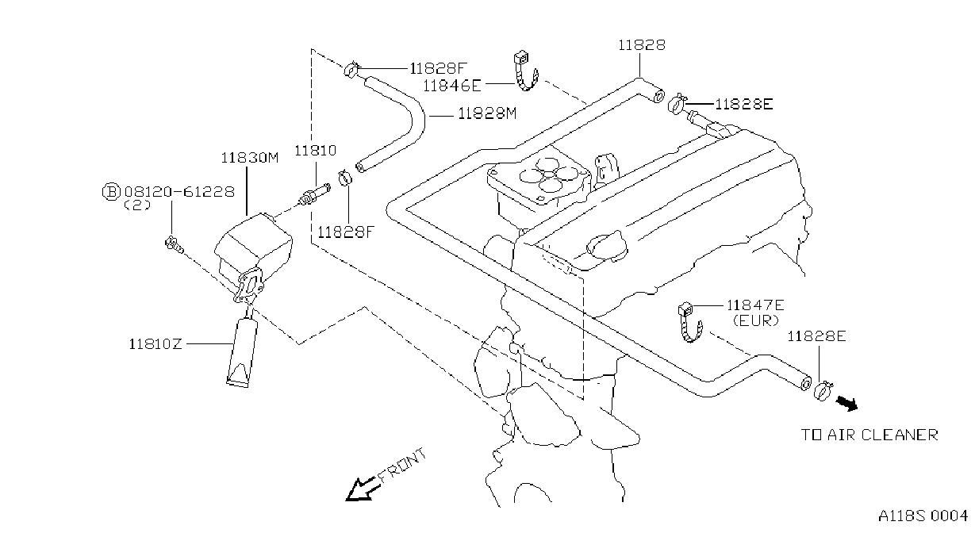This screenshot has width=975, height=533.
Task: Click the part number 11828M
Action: [487, 113]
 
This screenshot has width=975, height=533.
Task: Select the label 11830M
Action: [249, 158]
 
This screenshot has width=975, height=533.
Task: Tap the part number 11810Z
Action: [155, 344]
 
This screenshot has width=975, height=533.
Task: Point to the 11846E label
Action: [452, 86]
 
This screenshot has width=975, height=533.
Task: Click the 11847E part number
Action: [755, 305]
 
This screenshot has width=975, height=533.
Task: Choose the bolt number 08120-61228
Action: [179, 192]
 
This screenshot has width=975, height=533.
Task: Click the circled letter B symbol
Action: [111, 192]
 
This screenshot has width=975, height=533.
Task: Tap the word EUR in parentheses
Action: [755, 321]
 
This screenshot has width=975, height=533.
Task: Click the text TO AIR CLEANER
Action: [869, 435]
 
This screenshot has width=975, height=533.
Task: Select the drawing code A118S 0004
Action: [923, 516]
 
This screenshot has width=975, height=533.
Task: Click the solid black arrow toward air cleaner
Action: [846, 405]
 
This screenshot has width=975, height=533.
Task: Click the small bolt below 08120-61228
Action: [174, 244]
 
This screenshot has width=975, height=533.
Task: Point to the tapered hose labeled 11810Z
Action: [242, 352]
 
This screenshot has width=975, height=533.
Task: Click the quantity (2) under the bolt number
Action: [137, 205]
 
